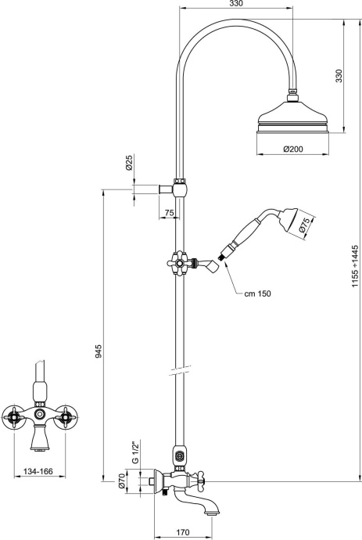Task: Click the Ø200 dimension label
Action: (294, 149)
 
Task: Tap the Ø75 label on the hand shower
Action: (306, 225)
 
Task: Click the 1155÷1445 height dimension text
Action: (353, 266)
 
